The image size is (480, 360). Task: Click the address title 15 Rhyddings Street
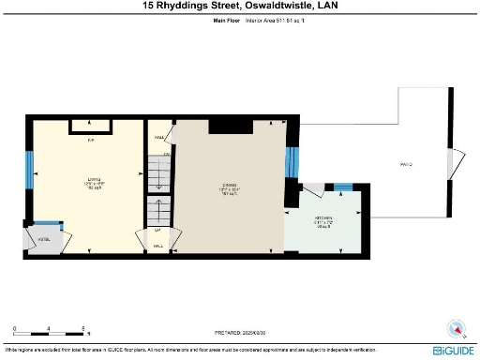(x=239, y=7)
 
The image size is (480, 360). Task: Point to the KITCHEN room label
(x=323, y=222)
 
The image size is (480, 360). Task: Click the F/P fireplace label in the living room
(x=91, y=141)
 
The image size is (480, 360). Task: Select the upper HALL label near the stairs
(x=159, y=135)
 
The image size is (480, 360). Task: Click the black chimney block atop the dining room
(x=226, y=126)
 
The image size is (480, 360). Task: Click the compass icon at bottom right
(x=456, y=329)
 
